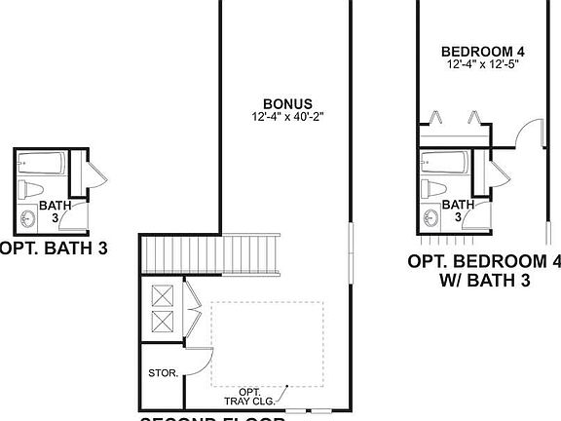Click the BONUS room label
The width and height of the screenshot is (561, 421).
(x=287, y=103)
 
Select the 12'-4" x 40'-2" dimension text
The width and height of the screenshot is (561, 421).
(x=287, y=117)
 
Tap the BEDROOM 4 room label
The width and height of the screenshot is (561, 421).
(x=476, y=52)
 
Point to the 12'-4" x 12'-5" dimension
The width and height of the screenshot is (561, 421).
(x=476, y=65)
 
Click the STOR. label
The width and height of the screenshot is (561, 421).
(x=161, y=372)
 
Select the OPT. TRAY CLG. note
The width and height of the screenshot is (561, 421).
(x=250, y=394)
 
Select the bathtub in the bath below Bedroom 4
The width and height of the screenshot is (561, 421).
(x=444, y=161)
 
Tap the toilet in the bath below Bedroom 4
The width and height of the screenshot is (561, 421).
(x=434, y=188)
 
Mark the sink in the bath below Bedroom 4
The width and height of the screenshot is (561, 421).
(x=430, y=216)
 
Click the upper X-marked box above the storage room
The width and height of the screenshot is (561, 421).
(x=162, y=294)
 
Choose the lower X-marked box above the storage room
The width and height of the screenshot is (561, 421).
(x=162, y=322)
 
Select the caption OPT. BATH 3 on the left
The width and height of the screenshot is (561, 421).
(x=54, y=249)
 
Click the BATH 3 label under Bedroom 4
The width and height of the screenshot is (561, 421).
(x=458, y=210)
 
